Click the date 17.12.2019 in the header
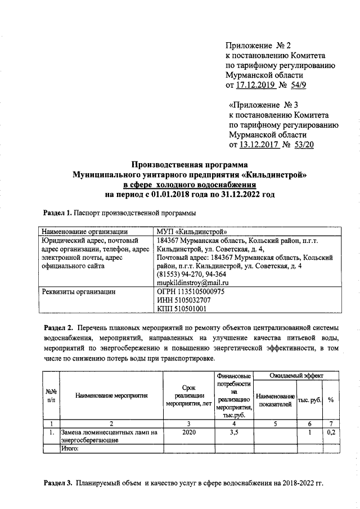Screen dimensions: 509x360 pyautogui.click(x=255, y=85)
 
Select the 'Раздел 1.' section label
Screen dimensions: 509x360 pyautogui.click(x=57, y=213)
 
